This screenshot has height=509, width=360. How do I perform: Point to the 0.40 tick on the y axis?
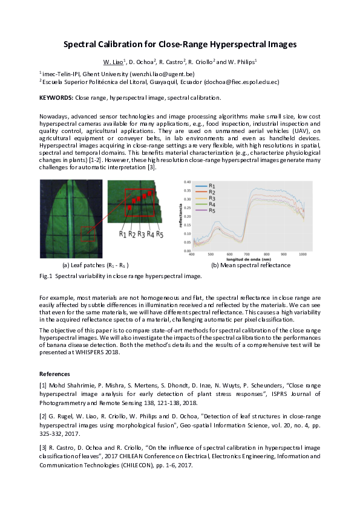tap(187, 181)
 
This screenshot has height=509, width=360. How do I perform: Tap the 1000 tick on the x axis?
tap(303, 254)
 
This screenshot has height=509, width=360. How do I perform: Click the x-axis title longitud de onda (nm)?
tap(248, 259)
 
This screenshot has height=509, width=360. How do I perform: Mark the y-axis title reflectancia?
tap(180, 216)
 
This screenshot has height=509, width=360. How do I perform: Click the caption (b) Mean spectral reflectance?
tap(250, 265)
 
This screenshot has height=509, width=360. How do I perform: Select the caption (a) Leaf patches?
tap(96, 265)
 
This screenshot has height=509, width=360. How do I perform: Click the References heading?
tap(55, 373)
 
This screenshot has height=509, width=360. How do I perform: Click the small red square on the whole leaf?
tap(89, 233)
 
